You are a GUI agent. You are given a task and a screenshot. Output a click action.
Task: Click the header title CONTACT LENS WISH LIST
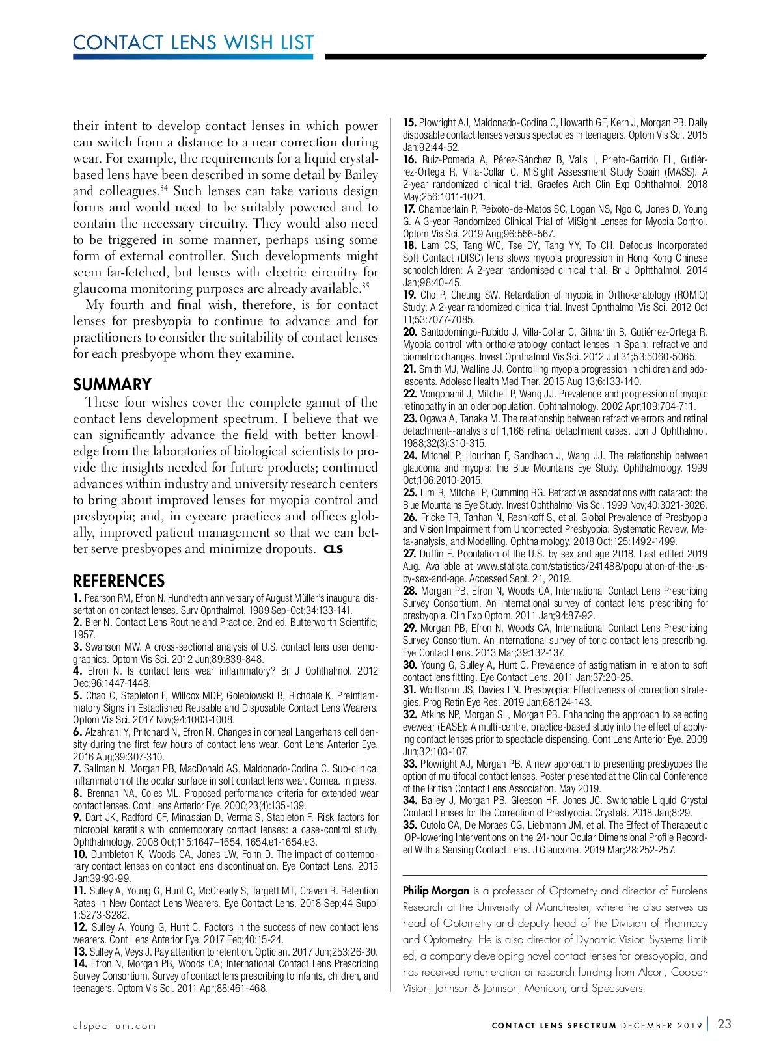tap(193, 43)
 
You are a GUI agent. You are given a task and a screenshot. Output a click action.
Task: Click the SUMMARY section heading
tap(112, 384)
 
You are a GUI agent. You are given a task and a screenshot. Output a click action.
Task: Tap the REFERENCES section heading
tap(118, 581)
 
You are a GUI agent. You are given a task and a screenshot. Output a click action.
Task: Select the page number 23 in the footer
tap(724, 1024)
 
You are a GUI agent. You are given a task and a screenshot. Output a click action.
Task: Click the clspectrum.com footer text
tap(115, 1026)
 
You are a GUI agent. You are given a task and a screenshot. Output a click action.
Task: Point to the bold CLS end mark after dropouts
tap(333, 549)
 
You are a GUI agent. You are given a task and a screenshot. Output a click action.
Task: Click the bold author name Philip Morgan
tap(435, 891)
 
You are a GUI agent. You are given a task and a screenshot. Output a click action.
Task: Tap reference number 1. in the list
tap(77, 598)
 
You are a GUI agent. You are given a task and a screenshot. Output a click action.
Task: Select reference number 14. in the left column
tap(80, 963)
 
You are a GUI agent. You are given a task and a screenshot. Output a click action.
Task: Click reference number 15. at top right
tap(409, 122)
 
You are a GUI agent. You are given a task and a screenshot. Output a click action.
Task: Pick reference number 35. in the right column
tap(410, 825)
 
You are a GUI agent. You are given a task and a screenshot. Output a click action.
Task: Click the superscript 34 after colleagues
tap(164, 188)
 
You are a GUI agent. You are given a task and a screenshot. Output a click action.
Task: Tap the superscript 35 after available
tap(366, 285)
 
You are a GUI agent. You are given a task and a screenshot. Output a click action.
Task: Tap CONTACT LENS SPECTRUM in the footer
tap(554, 1026)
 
